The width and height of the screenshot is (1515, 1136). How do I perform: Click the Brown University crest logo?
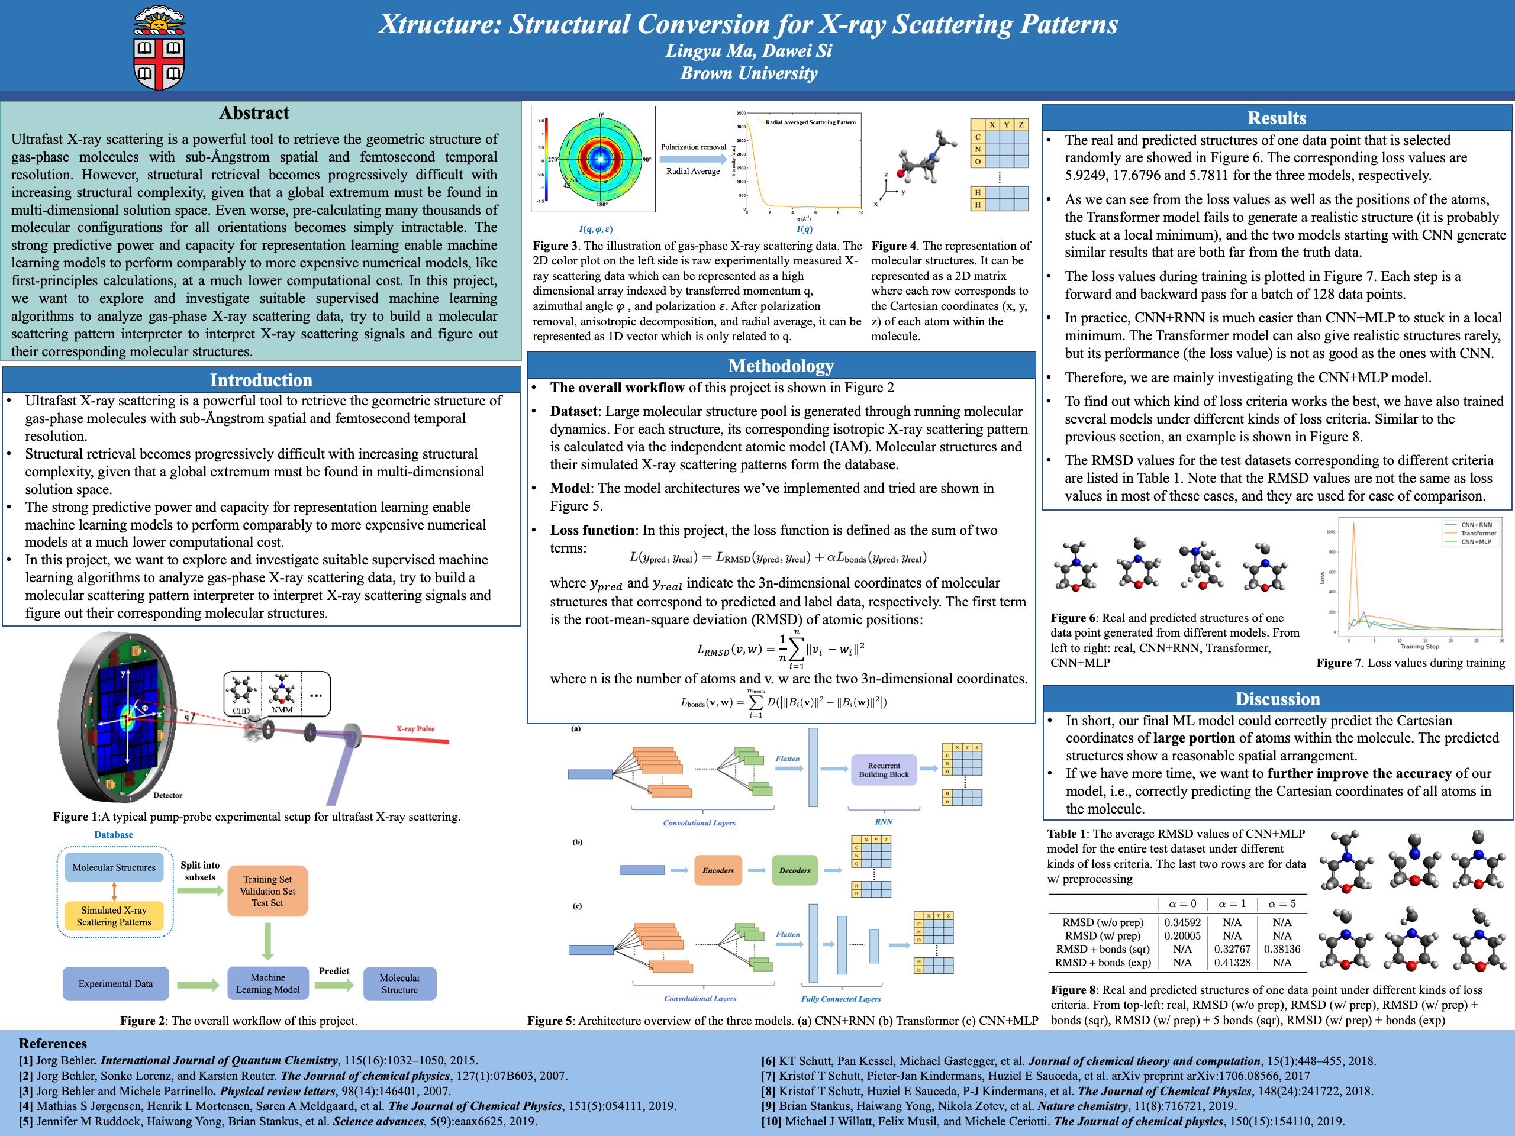159,48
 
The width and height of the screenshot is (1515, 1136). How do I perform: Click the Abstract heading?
254,113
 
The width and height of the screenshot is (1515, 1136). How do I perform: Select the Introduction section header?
261,380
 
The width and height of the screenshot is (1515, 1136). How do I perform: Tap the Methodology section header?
781,366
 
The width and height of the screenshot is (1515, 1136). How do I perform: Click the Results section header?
1277,118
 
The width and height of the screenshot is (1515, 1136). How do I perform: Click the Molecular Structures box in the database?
114,867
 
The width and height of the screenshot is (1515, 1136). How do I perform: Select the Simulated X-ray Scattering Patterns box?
114,916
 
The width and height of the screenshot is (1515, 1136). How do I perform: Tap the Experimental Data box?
115,983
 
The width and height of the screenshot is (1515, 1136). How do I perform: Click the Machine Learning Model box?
268,983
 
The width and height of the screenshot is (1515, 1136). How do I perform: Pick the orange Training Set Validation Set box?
267,891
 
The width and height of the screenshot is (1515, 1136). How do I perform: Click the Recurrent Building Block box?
884,770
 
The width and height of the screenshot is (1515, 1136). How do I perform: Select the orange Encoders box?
718,870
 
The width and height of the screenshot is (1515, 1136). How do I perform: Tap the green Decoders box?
794,870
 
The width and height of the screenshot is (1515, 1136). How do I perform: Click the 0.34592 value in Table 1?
1182,922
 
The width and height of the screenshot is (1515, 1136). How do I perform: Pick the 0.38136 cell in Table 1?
1281,949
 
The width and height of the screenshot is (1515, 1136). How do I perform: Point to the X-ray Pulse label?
415,728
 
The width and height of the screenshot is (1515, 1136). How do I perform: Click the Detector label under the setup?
168,795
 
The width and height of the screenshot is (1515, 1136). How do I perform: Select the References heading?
53,1044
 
